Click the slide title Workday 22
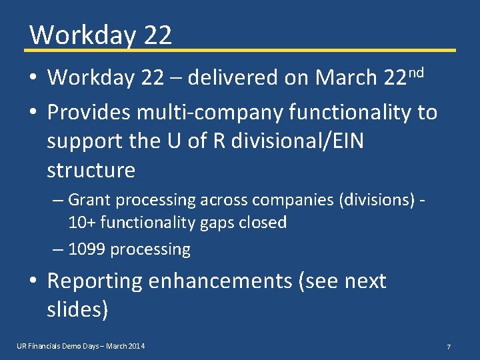coord(101,35)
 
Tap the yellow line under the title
coord(240,50)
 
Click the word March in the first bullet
coord(346,78)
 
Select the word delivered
coord(233,78)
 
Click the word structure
coord(91,170)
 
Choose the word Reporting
coord(95,281)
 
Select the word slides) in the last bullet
coord(77,309)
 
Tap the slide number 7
coord(449,347)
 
